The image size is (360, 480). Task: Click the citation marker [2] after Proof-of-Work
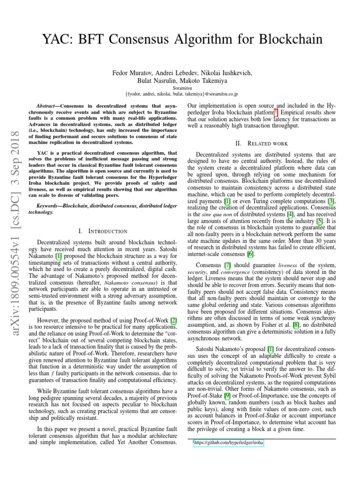click(x=173, y=320)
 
